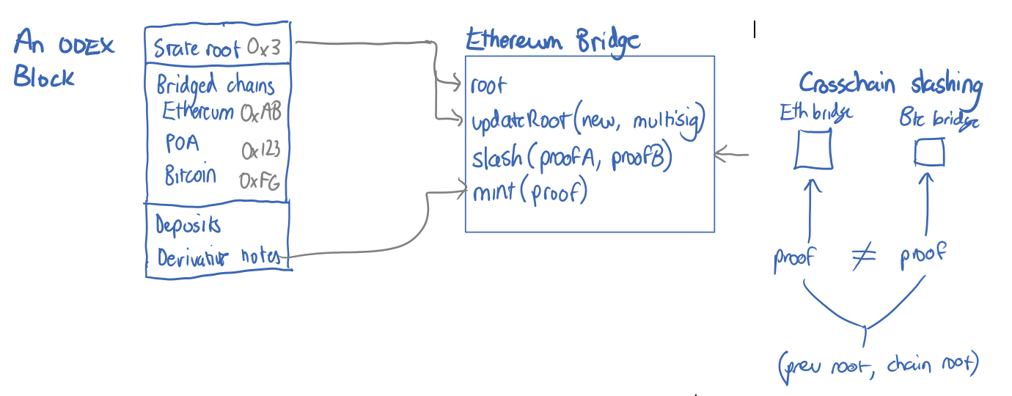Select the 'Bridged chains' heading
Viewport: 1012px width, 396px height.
(x=215, y=85)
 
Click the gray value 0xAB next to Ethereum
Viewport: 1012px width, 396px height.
(x=261, y=112)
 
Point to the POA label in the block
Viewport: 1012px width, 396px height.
(x=182, y=142)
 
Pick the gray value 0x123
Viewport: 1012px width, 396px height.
(x=261, y=150)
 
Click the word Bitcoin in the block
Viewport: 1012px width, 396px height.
(x=190, y=176)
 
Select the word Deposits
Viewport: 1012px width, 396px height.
(x=188, y=224)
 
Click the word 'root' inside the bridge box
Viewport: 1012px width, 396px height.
(x=488, y=85)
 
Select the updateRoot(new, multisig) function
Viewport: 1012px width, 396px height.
(x=587, y=121)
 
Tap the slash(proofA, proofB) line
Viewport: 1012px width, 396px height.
(x=571, y=158)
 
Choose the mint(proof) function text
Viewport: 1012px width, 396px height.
(x=529, y=192)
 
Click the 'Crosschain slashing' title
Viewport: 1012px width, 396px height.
(x=890, y=84)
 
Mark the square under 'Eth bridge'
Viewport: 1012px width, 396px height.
(x=813, y=150)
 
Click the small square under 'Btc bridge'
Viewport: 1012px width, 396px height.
(x=929, y=153)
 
